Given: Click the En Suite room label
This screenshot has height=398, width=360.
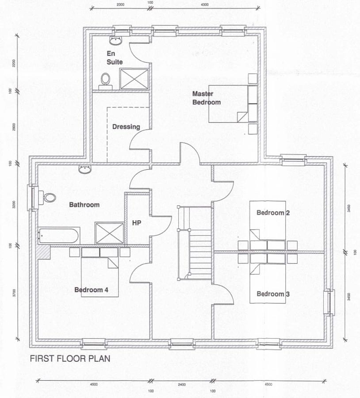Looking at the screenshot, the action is pos(115,57).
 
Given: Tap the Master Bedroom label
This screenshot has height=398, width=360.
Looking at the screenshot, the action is pos(206,98).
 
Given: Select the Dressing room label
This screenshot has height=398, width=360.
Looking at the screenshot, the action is pos(126,126).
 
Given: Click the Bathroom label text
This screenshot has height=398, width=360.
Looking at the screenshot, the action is pos(84,205).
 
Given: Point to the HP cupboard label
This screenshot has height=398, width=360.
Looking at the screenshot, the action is pos(137,223).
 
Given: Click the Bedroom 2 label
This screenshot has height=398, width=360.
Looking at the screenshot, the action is pos(273,213).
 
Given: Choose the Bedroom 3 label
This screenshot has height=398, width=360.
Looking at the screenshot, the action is pos(273,294).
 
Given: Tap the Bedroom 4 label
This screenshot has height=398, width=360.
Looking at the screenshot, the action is pos(91,290).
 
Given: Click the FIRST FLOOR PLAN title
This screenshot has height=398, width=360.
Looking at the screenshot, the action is pos(70,359).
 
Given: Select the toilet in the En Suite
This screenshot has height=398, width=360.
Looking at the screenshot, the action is pos(105,81).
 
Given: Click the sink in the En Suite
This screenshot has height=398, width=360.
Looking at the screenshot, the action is pos(116,40).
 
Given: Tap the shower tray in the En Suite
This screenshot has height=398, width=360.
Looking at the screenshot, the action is pos(134,79).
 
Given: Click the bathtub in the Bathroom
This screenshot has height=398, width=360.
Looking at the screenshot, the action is pos(59,236).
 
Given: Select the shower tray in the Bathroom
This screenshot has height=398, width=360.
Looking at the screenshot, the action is pos(109,233).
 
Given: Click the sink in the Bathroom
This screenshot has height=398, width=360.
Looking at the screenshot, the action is pos(84,169).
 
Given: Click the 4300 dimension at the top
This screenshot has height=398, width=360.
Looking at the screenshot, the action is pos(205,4).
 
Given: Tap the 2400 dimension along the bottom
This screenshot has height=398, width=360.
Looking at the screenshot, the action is pos(182,385).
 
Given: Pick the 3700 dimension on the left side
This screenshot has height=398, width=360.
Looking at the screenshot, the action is pos(14,293).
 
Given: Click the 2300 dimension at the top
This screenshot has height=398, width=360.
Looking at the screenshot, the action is pos(120,4).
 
